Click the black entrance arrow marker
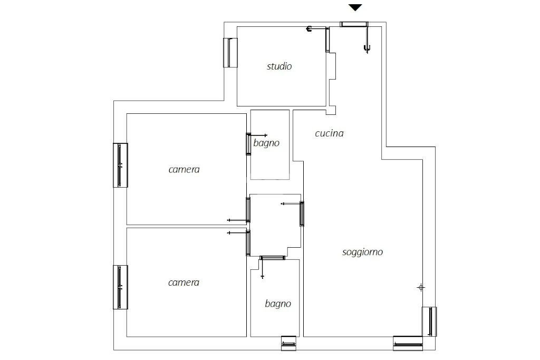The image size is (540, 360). click(x=355, y=7)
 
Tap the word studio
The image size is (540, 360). click(x=279, y=66)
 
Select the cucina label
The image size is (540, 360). click(x=329, y=133)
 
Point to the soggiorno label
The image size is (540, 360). click(x=362, y=252)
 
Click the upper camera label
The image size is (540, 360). click(x=184, y=169)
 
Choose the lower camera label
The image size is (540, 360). click(x=184, y=283)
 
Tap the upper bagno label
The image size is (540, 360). click(x=266, y=143)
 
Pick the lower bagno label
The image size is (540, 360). click(x=278, y=304)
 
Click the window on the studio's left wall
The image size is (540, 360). click(x=230, y=53)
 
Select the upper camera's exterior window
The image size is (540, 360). click(x=121, y=165)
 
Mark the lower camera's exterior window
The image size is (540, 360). click(x=121, y=287)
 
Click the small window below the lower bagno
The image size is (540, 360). click(x=288, y=343)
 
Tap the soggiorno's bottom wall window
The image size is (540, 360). click(x=408, y=343)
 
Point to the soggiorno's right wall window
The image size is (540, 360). click(x=429, y=322)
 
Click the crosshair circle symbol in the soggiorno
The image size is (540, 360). click(x=421, y=287)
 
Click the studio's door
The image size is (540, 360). click(x=327, y=40)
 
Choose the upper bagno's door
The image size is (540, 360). click(x=248, y=144)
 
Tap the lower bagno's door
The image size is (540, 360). click(x=272, y=257)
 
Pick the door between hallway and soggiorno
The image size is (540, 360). click(x=302, y=213)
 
